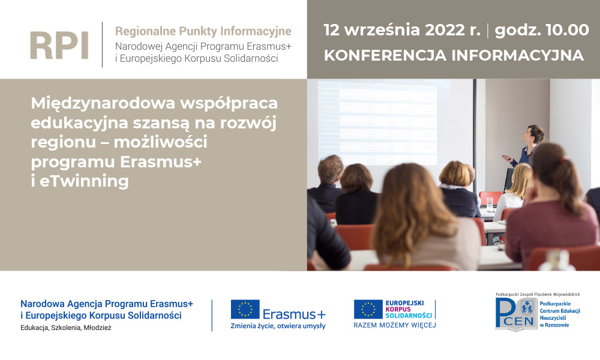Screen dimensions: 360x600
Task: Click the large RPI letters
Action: pyautogui.click(x=59, y=45)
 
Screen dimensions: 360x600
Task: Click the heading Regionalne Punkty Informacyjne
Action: pyautogui.click(x=203, y=31)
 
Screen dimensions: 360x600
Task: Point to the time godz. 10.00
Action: pyautogui.click(x=542, y=30)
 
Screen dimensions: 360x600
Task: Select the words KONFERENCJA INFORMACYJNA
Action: pyautogui.click(x=454, y=55)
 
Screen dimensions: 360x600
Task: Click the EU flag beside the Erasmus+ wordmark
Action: pyautogui.click(x=245, y=310)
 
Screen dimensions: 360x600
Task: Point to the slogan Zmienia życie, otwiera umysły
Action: pyautogui.click(x=278, y=326)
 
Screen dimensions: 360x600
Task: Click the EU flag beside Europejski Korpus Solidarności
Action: pyautogui.click(x=368, y=310)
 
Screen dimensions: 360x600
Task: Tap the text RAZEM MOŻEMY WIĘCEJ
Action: pyautogui.click(x=394, y=325)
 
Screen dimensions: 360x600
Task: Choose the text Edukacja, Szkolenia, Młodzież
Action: pyautogui.click(x=66, y=328)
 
